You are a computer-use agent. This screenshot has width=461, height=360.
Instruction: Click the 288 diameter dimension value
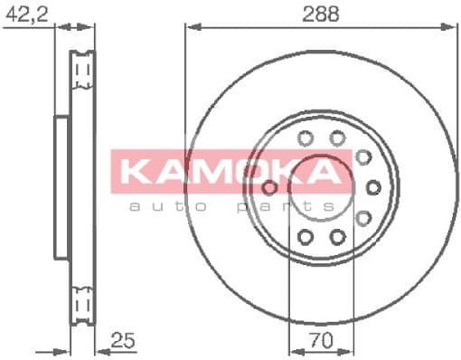tap(314, 13)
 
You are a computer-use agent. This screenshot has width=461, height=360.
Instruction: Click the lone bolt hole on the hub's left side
tap(268, 186)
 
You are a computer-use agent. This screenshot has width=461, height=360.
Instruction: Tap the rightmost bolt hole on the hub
tap(373, 186)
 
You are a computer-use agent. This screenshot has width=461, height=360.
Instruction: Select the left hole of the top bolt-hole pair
tap(305, 138)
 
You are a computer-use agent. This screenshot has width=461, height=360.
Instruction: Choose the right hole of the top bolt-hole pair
tap(337, 138)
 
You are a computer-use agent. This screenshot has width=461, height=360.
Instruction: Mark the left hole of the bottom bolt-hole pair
tap(305, 237)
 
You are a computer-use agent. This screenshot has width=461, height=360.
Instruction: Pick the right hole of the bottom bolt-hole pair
tap(337, 237)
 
